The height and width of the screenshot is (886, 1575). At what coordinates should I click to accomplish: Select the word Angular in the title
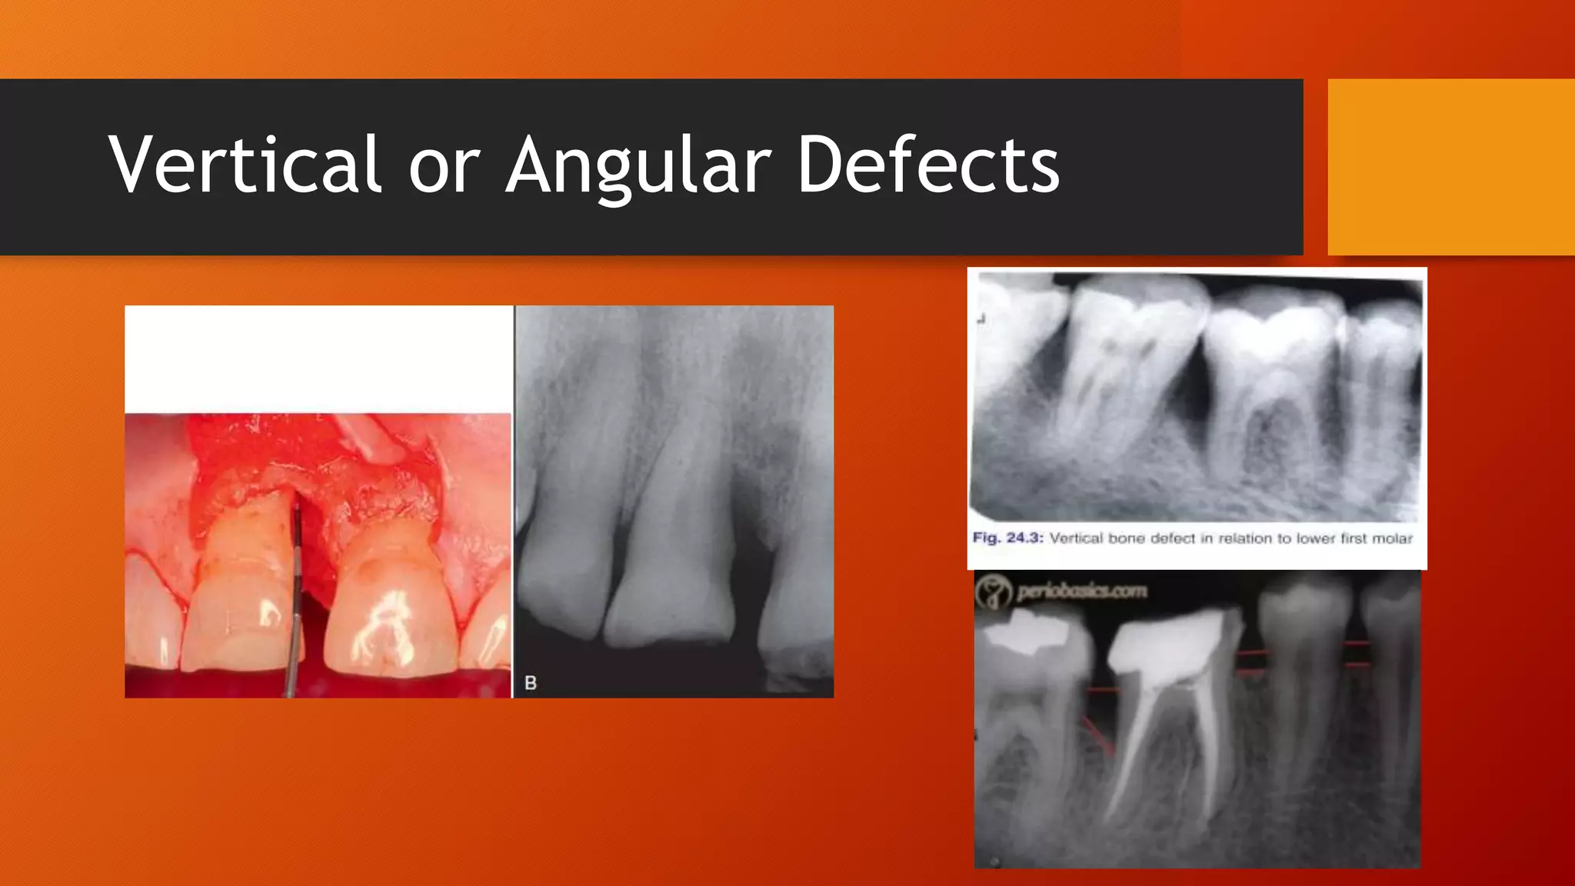click(x=638, y=165)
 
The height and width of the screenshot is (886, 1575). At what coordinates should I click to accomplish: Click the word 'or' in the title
click(x=444, y=166)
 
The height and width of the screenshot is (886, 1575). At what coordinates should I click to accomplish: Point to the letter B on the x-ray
click(x=531, y=682)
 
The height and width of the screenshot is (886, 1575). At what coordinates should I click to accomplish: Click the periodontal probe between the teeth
click(x=295, y=585)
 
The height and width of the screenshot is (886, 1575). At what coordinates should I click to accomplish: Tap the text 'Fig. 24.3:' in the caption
click(x=1007, y=538)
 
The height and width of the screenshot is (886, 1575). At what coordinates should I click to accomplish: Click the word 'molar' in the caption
click(x=1392, y=538)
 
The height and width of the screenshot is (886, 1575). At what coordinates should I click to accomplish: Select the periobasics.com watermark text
click(x=1081, y=591)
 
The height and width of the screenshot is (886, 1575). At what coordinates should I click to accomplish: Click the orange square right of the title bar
click(x=1450, y=167)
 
